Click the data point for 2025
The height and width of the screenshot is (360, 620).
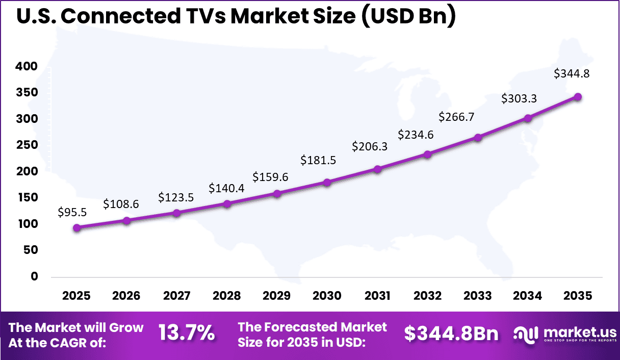pyautogui.click(x=77, y=228)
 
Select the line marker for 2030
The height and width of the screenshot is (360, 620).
pyautogui.click(x=327, y=182)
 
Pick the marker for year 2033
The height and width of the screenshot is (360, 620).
pyautogui.click(x=478, y=138)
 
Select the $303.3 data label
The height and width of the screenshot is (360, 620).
pyautogui.click(x=519, y=98)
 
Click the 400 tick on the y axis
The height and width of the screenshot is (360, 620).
pyautogui.click(x=27, y=66)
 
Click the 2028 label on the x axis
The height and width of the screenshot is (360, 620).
pyautogui.click(x=227, y=296)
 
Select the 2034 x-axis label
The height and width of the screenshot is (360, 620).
pyautogui.click(x=528, y=296)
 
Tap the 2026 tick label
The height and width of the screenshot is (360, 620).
pyautogui.click(x=126, y=296)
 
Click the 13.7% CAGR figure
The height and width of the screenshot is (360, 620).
pyautogui.click(x=186, y=334)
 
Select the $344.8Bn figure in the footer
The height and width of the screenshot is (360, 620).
pyautogui.click(x=451, y=334)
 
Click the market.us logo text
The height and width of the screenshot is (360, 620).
pyautogui.click(x=574, y=331)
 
